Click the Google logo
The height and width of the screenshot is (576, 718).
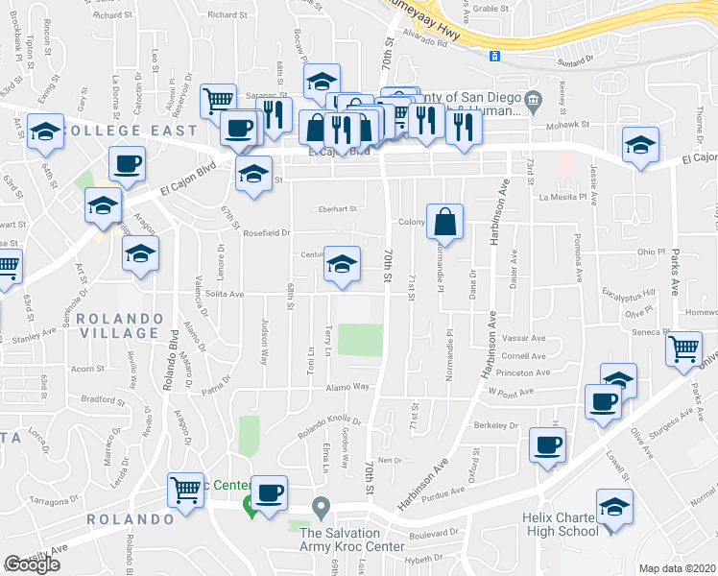pos(32,564)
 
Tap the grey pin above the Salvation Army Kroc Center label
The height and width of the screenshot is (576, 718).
pos(323,505)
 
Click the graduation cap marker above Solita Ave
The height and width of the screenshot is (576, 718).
pos(342,266)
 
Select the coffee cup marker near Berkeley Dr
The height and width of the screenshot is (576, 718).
pos(548,446)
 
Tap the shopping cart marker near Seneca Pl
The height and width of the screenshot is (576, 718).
pos(683,351)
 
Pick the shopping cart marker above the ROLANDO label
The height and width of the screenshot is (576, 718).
pos(184,492)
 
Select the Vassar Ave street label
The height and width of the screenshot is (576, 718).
pos(522,338)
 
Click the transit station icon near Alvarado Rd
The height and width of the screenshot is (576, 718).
pos(493,56)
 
